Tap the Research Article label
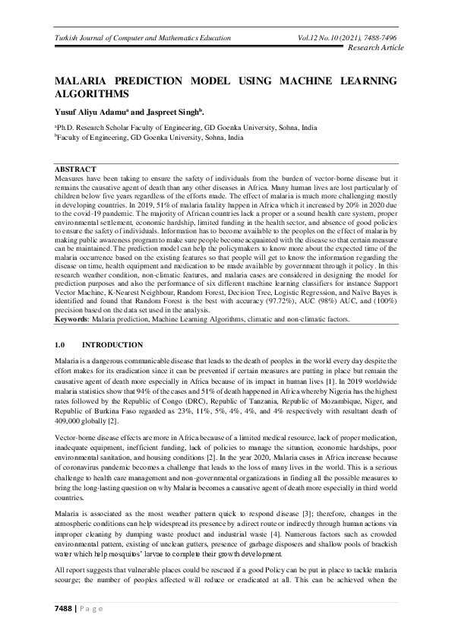375,48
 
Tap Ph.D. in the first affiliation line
65,128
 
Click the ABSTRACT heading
75,168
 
